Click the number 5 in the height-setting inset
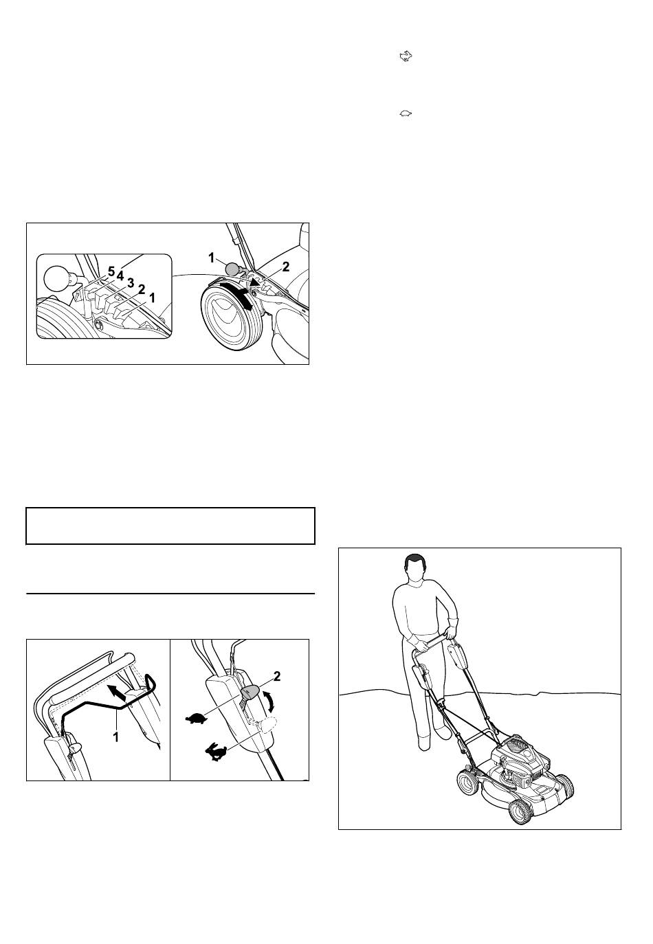tap(111, 272)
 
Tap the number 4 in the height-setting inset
tap(120, 276)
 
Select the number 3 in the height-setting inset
tap(131, 282)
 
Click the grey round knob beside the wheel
tap(233, 269)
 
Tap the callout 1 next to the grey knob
tap(212, 258)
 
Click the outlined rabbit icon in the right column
tap(406, 56)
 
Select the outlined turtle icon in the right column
tap(406, 113)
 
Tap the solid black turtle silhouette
tap(197, 718)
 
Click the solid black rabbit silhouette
tap(216, 752)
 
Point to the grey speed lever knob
tap(250, 692)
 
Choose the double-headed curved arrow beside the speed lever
tap(269, 704)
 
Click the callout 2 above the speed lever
tap(277, 676)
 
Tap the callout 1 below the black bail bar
tap(116, 737)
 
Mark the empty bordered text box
tap(170, 526)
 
